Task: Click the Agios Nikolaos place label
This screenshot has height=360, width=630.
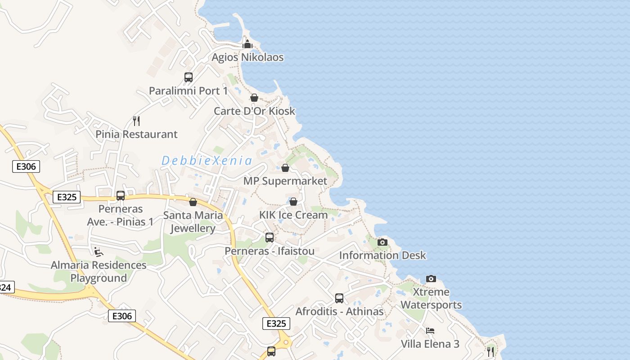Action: [247, 58]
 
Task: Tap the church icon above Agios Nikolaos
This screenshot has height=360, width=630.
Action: [247, 44]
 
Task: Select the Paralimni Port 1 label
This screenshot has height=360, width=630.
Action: [188, 91]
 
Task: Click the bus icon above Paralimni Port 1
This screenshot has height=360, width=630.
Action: [188, 77]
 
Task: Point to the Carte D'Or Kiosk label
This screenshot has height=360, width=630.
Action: [254, 111]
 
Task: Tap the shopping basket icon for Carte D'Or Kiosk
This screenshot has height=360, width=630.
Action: [254, 98]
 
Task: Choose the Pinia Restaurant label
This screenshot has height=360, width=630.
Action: [136, 134]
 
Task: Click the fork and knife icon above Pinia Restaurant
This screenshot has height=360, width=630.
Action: [136, 121]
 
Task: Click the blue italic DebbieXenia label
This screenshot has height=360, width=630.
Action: [207, 161]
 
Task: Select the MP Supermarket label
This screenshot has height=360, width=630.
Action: [285, 181]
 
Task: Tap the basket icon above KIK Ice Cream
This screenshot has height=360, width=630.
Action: [293, 202]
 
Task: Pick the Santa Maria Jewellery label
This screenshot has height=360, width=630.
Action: [193, 221]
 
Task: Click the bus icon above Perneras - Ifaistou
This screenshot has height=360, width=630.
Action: [269, 238]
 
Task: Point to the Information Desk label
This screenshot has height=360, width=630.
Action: [382, 256]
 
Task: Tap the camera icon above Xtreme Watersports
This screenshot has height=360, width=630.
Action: [431, 279]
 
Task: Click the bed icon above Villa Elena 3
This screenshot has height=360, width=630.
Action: [430, 331]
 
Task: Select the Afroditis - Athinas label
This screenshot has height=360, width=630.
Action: [339, 311]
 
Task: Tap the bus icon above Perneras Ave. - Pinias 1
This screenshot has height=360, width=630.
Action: [120, 196]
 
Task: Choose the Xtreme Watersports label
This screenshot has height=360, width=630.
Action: [431, 298]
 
